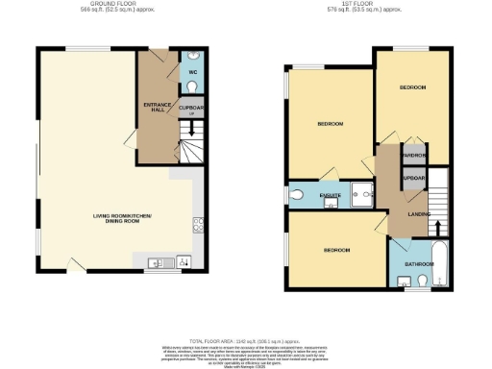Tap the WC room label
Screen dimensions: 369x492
(x=192, y=72)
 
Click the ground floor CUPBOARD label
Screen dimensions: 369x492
(x=192, y=108)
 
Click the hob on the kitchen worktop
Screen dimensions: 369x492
(x=198, y=225)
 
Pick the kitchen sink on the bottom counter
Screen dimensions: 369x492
(x=157, y=262)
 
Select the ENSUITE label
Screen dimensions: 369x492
(x=329, y=195)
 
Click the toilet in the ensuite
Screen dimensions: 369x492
(x=296, y=195)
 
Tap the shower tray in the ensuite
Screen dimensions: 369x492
(x=363, y=193)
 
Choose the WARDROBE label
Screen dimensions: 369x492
(x=414, y=156)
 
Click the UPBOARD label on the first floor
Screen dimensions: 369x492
(x=414, y=179)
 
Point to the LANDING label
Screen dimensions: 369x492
(x=418, y=214)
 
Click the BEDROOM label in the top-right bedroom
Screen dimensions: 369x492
(x=412, y=87)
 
